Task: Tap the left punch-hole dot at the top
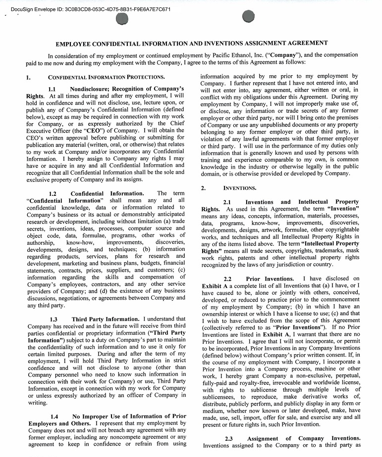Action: tap(121, 19)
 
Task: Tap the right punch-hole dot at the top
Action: tap(248, 17)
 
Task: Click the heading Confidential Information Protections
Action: tap(106, 78)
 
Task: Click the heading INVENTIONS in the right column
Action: tap(240, 188)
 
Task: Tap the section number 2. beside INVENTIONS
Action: tap(203, 188)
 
